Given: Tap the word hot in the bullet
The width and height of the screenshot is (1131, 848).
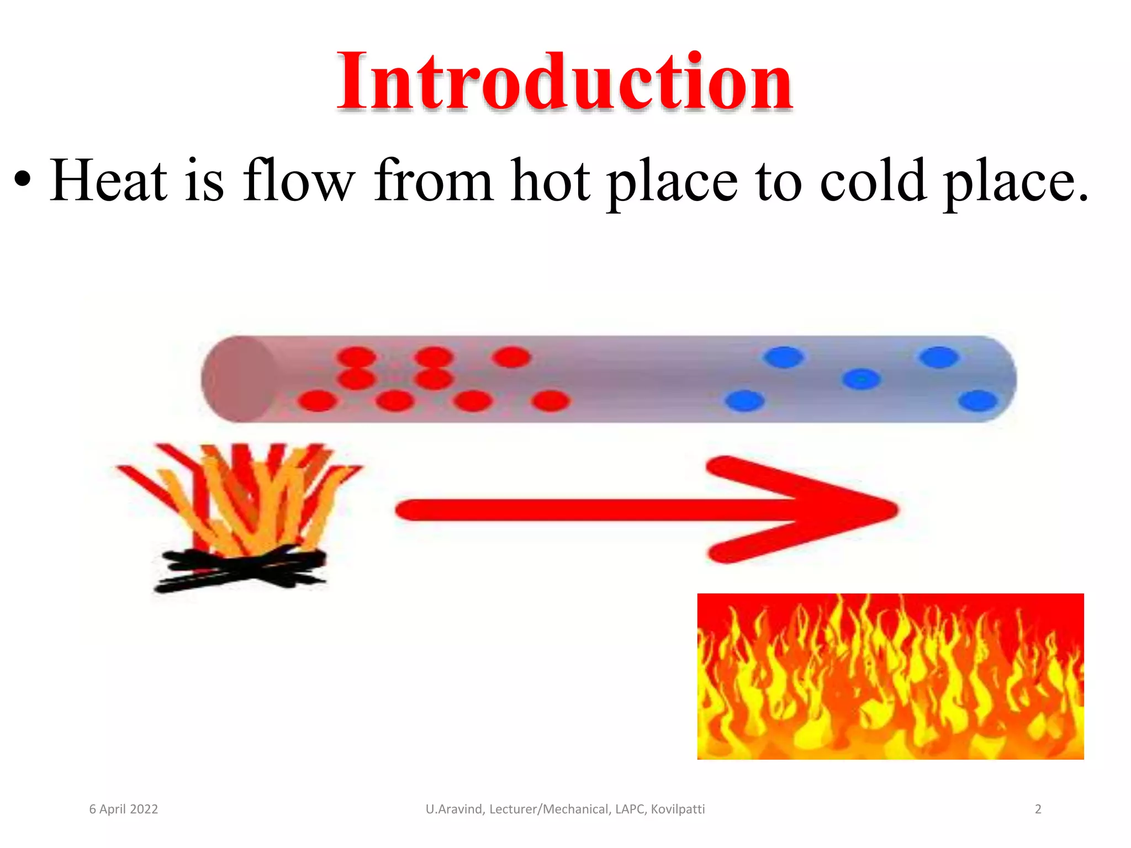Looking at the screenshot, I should tap(551, 180).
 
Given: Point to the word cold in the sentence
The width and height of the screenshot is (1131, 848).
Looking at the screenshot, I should tap(873, 180).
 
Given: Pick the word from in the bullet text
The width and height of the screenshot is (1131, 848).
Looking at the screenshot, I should tap(433, 180).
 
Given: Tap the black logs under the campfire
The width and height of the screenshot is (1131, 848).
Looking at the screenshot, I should tap(240, 569).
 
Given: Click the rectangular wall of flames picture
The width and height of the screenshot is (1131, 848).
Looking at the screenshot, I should tap(890, 676).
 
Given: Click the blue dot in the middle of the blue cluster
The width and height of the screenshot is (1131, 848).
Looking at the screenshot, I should tap(861, 379).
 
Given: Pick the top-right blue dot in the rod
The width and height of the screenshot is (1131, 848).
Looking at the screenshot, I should tap(939, 357).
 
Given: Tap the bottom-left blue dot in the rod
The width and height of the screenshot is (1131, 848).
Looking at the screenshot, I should tap(744, 401).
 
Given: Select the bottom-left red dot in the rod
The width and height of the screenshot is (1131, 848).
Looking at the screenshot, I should tap(317, 401).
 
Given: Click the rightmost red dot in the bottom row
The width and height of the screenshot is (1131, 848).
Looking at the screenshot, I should tap(551, 401).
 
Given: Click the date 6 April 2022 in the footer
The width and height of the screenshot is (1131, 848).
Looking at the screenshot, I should tap(124, 809).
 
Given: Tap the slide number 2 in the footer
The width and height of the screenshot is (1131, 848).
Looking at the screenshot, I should tap(1038, 809).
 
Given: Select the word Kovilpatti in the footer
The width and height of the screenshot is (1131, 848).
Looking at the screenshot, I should tap(678, 809).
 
